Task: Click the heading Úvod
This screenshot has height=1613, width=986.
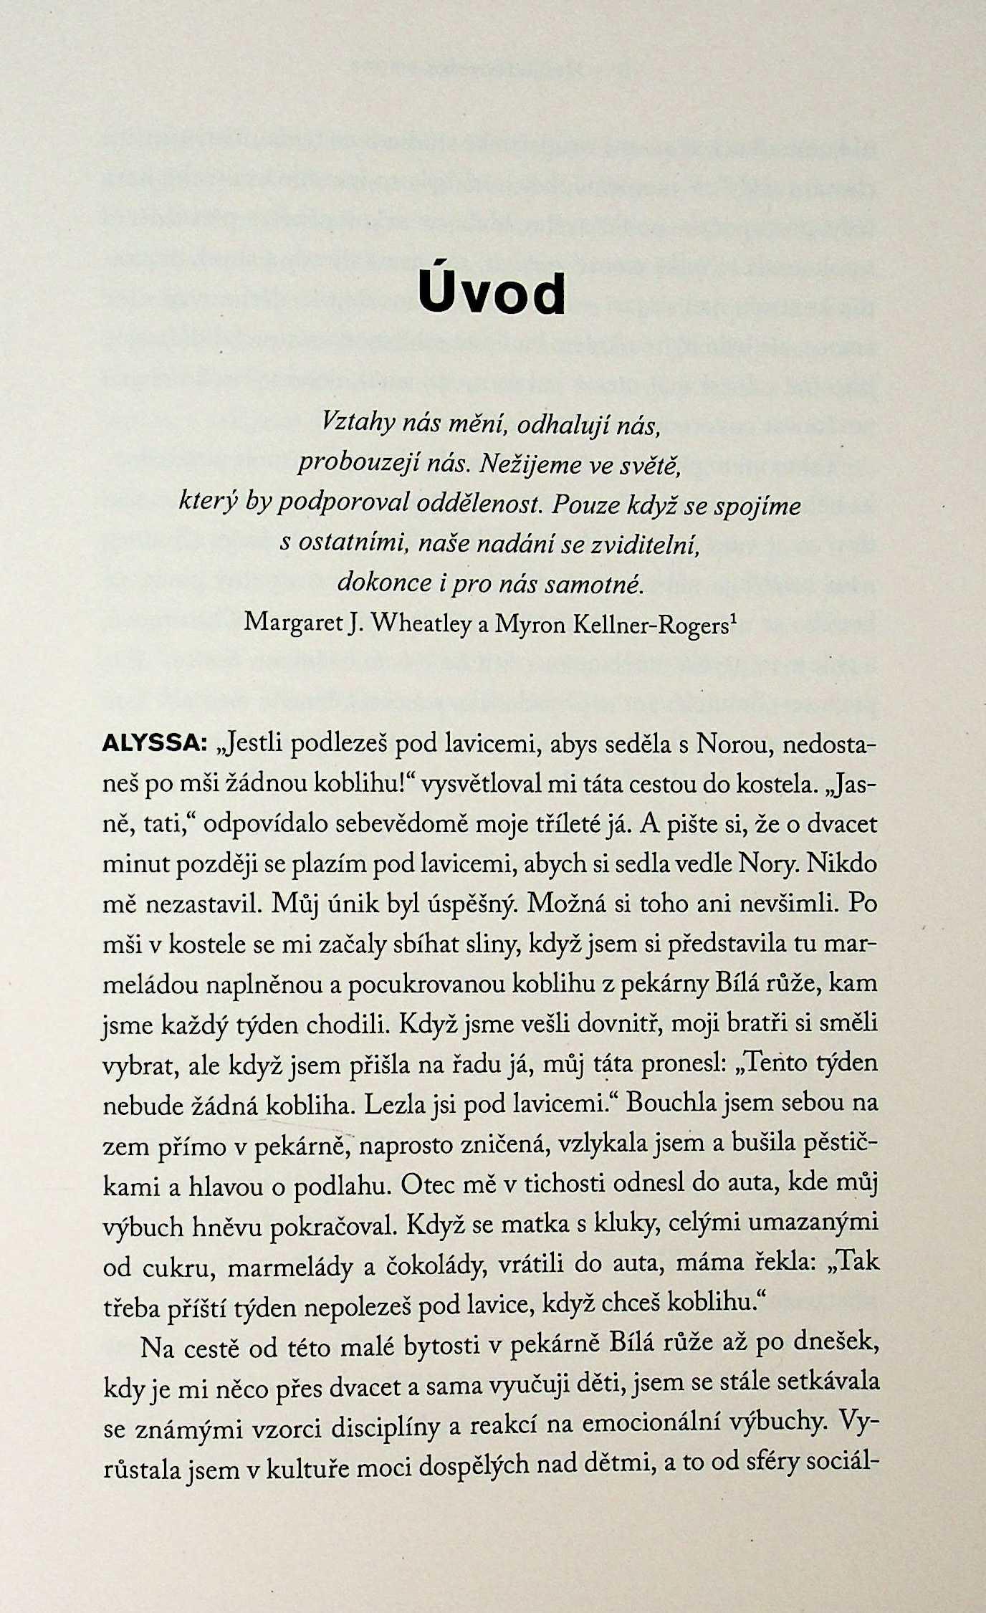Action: click(x=492, y=292)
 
